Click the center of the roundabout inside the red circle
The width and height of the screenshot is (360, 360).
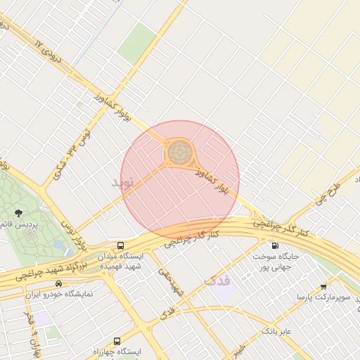pos(179,150)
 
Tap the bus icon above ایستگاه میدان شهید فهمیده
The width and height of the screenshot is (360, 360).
pos(121,246)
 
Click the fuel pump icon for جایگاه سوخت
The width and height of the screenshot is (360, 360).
pos(274,246)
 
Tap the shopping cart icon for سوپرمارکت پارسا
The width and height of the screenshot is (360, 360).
pos(323,286)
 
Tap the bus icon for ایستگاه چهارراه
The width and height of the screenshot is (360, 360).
pos(117,340)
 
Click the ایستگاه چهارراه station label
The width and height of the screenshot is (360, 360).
pos(117,351)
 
